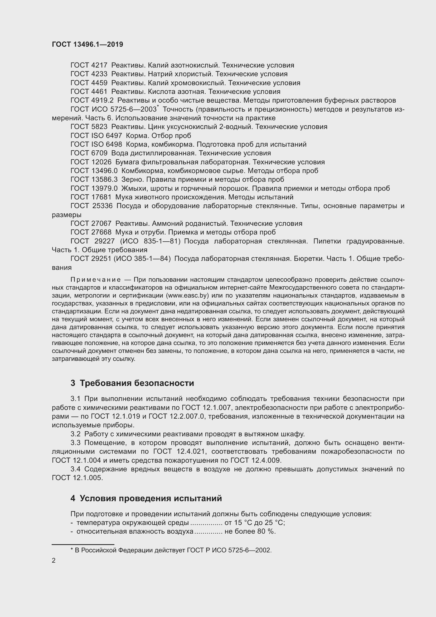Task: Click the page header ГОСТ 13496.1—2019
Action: coord(87,44)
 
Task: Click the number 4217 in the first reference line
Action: coord(99,65)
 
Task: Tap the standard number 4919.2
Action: coord(102,101)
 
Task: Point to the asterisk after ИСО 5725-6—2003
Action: coord(158,107)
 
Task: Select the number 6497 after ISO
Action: coord(114,136)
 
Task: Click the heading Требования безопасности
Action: coord(137,383)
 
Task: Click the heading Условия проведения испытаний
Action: coord(151,498)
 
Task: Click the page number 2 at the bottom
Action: coord(54,560)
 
